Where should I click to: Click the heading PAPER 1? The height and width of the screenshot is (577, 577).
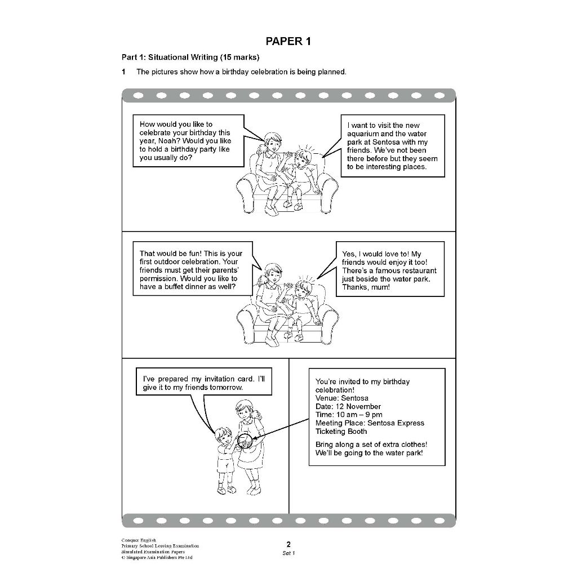click(x=288, y=41)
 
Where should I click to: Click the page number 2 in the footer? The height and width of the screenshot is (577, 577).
click(x=288, y=544)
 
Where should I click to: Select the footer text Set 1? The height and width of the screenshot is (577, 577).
click(x=288, y=553)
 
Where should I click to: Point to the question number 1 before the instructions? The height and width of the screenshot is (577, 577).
click(x=124, y=72)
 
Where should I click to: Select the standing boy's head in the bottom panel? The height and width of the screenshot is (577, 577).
click(x=223, y=436)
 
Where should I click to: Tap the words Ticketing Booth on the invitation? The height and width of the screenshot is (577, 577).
click(x=341, y=432)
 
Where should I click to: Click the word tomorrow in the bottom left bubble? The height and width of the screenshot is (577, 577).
click(x=226, y=388)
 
